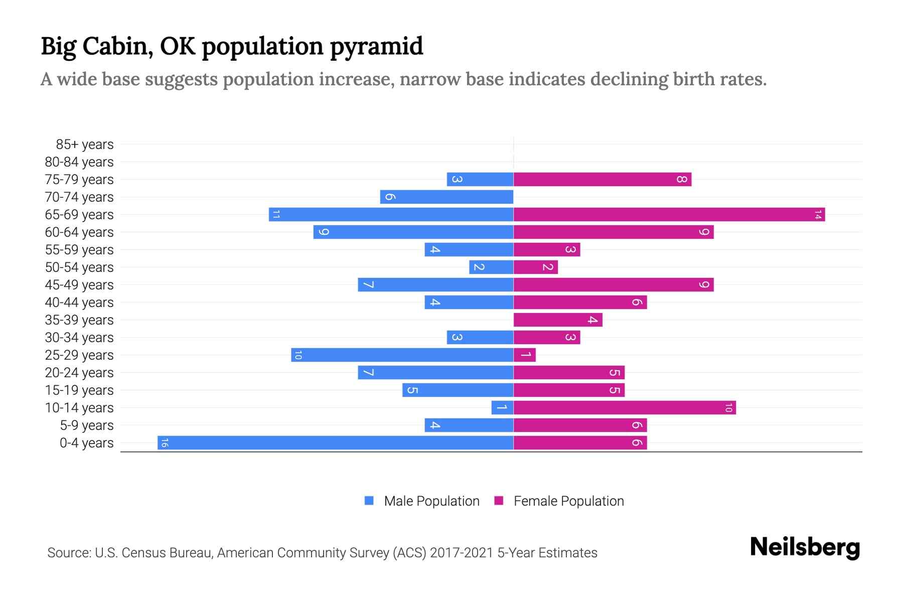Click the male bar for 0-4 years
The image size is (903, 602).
click(335, 443)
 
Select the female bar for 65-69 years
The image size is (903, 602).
click(669, 215)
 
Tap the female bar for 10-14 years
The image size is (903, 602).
click(624, 408)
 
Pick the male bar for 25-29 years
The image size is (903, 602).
click(402, 355)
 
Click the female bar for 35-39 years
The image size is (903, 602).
click(557, 320)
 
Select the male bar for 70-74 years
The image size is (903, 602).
click(446, 197)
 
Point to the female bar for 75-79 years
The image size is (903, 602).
click(602, 180)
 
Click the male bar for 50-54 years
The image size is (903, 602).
click(491, 267)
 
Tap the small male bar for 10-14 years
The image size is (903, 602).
click(502, 408)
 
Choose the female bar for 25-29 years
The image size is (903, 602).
click(524, 355)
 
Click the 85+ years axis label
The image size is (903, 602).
click(84, 144)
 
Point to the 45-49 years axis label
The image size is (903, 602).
click(79, 285)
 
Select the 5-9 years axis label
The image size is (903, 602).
click(86, 425)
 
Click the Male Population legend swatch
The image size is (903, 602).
click(369, 501)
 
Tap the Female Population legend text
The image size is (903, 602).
click(568, 501)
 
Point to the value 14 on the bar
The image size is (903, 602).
click(818, 215)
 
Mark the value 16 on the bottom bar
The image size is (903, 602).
click(165, 443)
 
